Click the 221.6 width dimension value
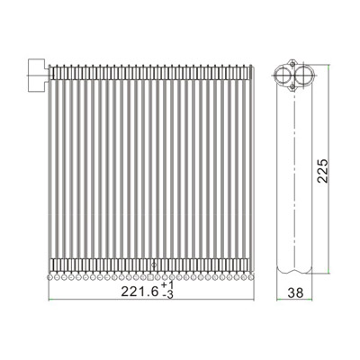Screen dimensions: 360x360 pyautogui.click(x=139, y=291)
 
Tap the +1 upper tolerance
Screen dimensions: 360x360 pyautogui.click(x=167, y=285)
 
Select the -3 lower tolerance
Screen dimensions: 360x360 pyautogui.click(x=168, y=295)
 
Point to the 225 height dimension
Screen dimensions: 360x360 pyautogui.click(x=323, y=171)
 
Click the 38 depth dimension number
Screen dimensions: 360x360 pyautogui.click(x=295, y=292)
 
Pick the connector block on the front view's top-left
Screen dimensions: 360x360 pyautogui.click(x=38, y=75)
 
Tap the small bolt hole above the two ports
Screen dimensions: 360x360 pyautogui.click(x=292, y=64)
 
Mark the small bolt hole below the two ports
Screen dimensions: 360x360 pyautogui.click(x=292, y=87)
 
